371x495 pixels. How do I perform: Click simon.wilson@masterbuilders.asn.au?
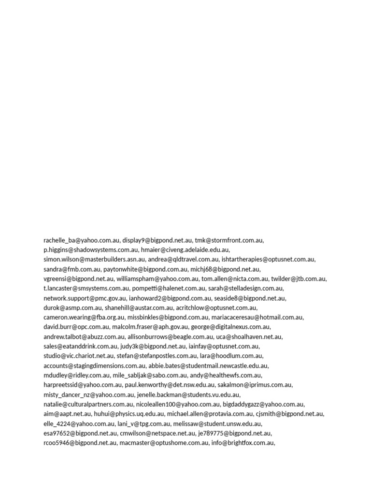pos(94,260)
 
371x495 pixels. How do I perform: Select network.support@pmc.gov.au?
pos(85,298)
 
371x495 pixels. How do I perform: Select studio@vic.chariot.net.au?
pos(78,356)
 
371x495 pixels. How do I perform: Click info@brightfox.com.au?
pos(243,443)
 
